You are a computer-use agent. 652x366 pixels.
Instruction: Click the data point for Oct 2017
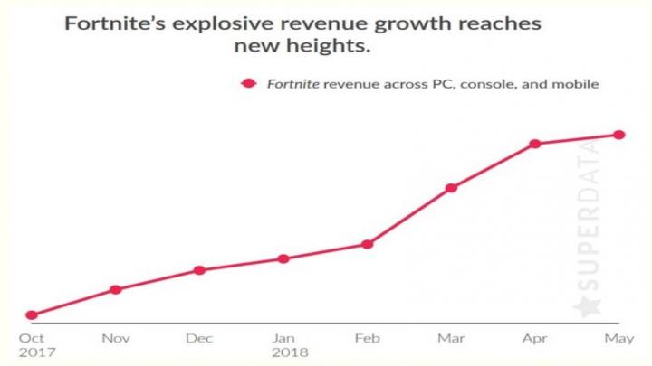point(32,315)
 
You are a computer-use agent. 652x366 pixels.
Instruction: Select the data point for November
point(115,289)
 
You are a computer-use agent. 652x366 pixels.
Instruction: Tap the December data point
point(199,270)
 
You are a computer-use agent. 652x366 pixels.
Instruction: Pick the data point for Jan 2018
point(283,258)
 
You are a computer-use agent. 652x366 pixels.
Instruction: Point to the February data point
point(368,244)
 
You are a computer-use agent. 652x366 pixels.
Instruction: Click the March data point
point(451,188)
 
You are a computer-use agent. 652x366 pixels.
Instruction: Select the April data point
point(535,144)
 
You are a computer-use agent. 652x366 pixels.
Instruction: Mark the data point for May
point(619,135)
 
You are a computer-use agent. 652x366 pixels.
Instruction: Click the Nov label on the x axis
point(115,339)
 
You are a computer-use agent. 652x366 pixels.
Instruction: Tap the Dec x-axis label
point(199,339)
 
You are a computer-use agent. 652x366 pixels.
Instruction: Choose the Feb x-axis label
point(367,339)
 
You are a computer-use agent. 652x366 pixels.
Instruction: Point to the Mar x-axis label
point(451,339)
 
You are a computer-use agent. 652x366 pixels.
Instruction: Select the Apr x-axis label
point(535,339)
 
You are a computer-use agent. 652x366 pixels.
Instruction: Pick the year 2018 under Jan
point(291,353)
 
